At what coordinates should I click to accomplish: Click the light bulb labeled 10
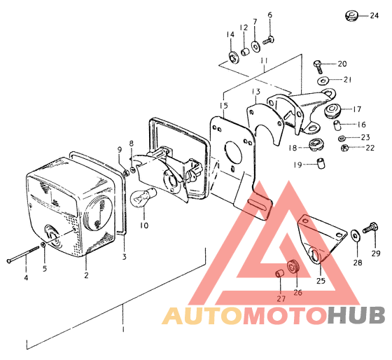[143, 197]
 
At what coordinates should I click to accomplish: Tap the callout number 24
[374, 15]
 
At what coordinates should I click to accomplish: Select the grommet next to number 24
[351, 16]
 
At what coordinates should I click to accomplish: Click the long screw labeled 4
[22, 254]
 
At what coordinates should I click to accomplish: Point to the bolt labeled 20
[318, 67]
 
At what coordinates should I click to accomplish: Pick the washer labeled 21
[323, 81]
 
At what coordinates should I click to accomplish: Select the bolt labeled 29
[370, 228]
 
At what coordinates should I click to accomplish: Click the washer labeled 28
[355, 235]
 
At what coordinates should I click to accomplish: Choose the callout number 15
[224, 106]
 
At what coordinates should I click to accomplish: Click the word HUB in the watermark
[357, 315]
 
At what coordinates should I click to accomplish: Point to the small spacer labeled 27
[279, 273]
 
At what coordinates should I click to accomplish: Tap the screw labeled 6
[269, 40]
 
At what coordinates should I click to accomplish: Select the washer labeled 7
[255, 46]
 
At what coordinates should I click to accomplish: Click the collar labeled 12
[245, 52]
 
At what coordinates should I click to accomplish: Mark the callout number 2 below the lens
[86, 275]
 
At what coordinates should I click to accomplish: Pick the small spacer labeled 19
[321, 163]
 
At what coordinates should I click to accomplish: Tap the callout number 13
[256, 92]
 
